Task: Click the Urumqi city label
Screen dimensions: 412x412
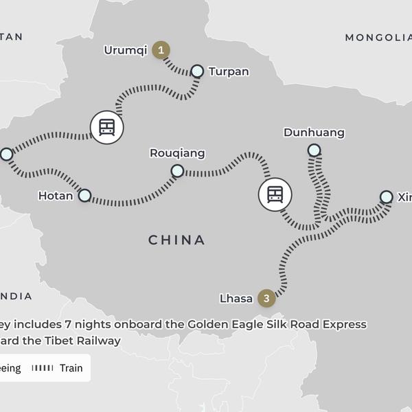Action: (126, 50)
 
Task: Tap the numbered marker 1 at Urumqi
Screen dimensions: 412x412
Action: (161, 49)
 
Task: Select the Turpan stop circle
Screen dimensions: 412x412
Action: (197, 71)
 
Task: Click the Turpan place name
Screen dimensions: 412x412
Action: (229, 71)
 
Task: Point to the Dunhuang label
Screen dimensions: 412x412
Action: (314, 133)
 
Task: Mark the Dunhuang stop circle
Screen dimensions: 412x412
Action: (314, 150)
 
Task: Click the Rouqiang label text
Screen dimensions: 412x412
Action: (177, 153)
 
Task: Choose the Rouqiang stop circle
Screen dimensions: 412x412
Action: (177, 170)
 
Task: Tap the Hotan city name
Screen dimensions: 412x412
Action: (56, 196)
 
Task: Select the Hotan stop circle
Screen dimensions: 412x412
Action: (84, 196)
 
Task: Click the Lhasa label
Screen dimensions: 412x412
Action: (236, 299)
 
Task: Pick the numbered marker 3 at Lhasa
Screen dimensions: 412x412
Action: (266, 298)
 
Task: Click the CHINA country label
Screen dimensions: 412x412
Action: (177, 240)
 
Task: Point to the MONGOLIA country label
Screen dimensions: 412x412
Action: (378, 37)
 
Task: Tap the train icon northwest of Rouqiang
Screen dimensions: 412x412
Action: (106, 127)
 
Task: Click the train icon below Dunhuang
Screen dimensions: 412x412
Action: (275, 194)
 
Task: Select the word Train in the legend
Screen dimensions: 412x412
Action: (71, 368)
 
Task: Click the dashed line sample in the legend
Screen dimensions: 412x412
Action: (43, 368)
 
